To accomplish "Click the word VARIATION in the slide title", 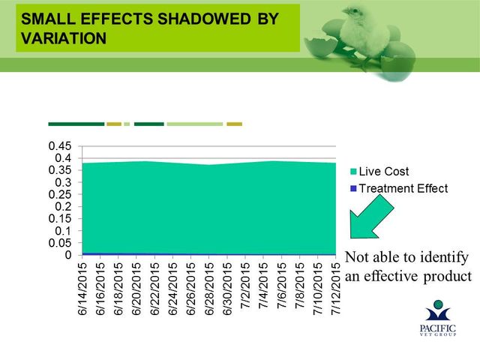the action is point(64,38).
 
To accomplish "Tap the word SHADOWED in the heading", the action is point(204,19).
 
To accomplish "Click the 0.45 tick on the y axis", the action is point(60,146).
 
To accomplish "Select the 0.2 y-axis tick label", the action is point(63,207).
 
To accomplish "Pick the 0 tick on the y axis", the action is point(68,255).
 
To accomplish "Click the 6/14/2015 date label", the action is point(82,288).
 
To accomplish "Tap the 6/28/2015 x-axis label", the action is point(209,288).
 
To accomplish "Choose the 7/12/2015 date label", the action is point(336,288).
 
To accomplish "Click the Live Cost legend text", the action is point(383,172).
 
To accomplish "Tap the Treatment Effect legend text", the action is point(403,188).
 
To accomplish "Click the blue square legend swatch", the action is point(353,188).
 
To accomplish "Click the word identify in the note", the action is point(444,258).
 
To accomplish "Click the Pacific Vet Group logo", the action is point(438,318).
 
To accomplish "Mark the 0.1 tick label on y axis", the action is point(63,231).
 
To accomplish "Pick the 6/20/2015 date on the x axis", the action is point(136,288).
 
